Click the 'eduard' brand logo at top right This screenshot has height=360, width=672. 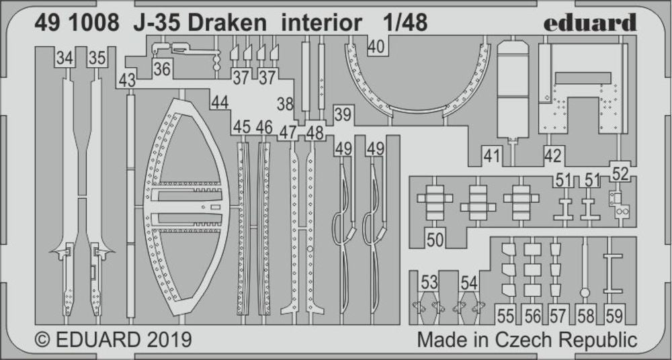[x=589, y=23]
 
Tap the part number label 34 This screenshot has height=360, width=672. [x=65, y=59]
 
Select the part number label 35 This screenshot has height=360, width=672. [x=97, y=59]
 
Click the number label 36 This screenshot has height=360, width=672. [x=161, y=69]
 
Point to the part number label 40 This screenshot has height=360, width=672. [x=377, y=46]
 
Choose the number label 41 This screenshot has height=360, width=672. [x=492, y=156]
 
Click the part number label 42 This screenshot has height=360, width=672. [x=553, y=156]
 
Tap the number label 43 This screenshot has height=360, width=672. [x=127, y=81]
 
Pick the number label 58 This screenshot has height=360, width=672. [x=585, y=314]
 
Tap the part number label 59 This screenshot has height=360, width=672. [x=614, y=314]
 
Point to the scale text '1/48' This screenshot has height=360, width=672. [x=405, y=23]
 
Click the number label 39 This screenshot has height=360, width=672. [x=343, y=115]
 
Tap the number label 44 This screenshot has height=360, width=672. [x=219, y=103]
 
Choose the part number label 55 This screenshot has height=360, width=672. [x=505, y=314]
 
